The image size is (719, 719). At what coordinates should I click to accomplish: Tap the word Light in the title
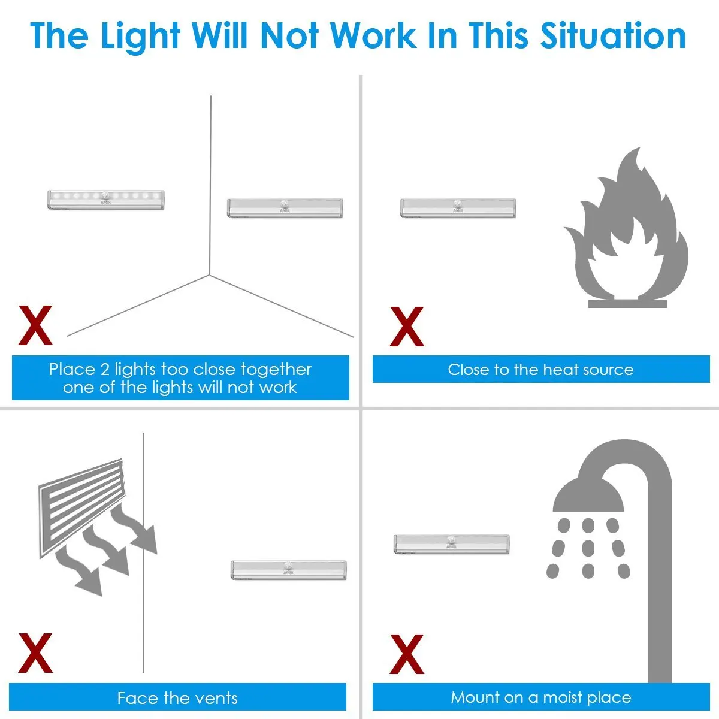(140, 35)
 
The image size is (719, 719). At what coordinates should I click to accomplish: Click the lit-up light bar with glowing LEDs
(105, 200)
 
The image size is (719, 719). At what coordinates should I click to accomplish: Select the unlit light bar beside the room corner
(285, 208)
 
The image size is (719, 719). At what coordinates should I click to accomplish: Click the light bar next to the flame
(458, 208)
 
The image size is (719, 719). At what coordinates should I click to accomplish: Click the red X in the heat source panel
(407, 327)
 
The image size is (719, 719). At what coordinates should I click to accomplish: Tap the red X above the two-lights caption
(35, 325)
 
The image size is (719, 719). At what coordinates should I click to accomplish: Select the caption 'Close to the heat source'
(540, 370)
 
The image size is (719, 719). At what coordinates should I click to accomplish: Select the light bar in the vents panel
(289, 569)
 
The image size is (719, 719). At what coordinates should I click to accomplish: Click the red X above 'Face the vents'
(35, 653)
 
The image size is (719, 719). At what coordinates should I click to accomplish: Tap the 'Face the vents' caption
(178, 698)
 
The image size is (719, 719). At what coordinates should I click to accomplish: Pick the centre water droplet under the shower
(588, 548)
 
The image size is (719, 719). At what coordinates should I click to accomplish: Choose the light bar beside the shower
(452, 544)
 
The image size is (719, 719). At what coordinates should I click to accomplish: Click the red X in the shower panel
(407, 654)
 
